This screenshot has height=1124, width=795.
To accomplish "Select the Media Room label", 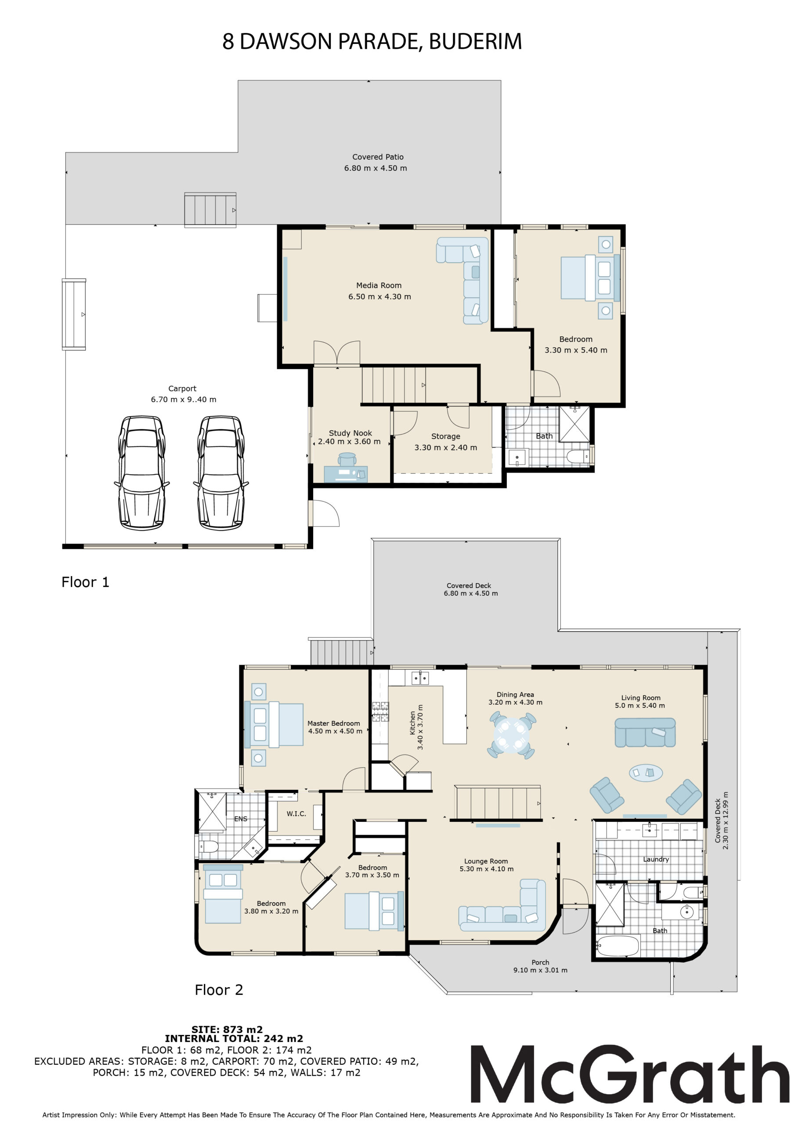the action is [379, 291].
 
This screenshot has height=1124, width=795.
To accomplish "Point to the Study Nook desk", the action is [346, 473].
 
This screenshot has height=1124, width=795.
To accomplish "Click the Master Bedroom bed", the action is [277, 724].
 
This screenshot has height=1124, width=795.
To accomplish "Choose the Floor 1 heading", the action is [85, 582].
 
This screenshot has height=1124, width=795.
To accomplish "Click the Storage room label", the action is [446, 442].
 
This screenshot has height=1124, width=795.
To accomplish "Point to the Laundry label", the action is [656, 859].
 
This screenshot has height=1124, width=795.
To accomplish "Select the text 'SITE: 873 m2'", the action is [227, 1030].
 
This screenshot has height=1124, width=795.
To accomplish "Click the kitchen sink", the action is [420, 678].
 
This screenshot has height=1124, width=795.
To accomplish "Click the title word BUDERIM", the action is [475, 42].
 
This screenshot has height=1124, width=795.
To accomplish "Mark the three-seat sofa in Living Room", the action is [645, 732].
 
